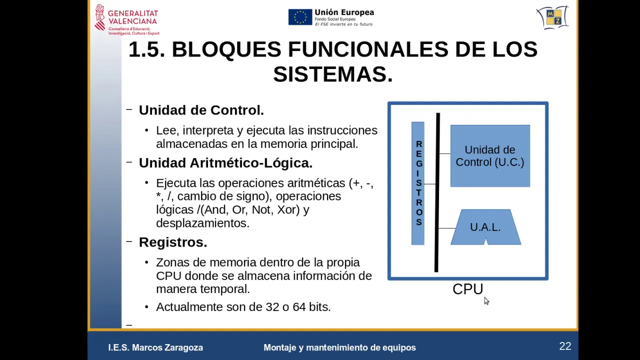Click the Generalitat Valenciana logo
(x=126, y=19)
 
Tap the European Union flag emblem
(x=300, y=17)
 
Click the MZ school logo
(x=553, y=17)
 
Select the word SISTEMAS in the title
(x=333, y=74)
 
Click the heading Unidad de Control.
(x=201, y=110)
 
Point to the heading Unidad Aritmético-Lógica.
(x=225, y=163)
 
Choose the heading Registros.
(x=172, y=242)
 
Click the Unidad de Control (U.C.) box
(x=490, y=156)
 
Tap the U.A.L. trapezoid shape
(x=485, y=227)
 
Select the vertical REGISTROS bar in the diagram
(x=418, y=183)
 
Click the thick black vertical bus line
(x=437, y=192)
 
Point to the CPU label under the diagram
(x=467, y=289)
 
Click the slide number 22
(x=565, y=346)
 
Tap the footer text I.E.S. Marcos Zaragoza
(x=155, y=347)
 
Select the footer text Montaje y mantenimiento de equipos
(x=339, y=347)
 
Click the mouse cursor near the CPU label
(x=486, y=300)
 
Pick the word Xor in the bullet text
(x=288, y=209)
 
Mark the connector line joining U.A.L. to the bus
(x=446, y=228)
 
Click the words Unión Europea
(x=344, y=12)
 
